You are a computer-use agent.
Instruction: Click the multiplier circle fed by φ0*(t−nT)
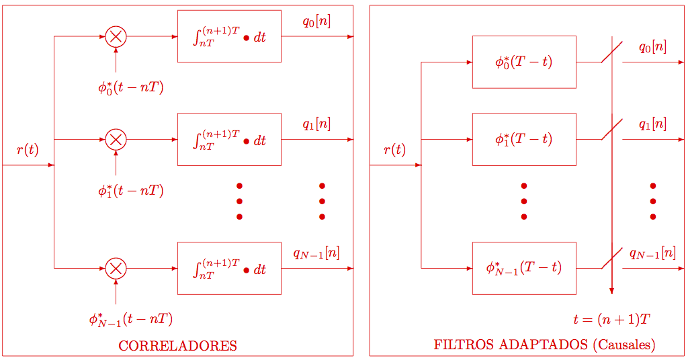point(116,36)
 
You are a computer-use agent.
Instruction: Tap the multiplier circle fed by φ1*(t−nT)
point(116,140)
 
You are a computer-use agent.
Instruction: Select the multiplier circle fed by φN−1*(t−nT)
point(116,269)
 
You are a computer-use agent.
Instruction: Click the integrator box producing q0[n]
point(229,36)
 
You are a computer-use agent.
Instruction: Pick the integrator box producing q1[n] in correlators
point(229,140)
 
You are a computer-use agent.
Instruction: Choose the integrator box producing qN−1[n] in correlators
point(229,269)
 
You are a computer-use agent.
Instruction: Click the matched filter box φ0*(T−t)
point(524,62)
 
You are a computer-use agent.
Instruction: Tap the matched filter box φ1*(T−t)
point(524,139)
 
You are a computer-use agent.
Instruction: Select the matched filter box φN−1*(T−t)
point(524,268)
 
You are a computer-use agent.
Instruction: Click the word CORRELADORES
point(177,347)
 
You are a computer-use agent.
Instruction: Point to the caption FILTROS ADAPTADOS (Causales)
point(544,345)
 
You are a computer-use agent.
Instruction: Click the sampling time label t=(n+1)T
point(611,319)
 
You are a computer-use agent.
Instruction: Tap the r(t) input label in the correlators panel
point(28,150)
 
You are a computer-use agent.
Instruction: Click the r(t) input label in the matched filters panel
point(395,150)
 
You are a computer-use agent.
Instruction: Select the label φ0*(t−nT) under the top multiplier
point(130,87)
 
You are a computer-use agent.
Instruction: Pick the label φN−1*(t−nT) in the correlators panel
point(130,319)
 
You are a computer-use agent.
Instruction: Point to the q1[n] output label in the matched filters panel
point(652,124)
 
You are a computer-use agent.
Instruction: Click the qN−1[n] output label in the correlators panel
point(316,253)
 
